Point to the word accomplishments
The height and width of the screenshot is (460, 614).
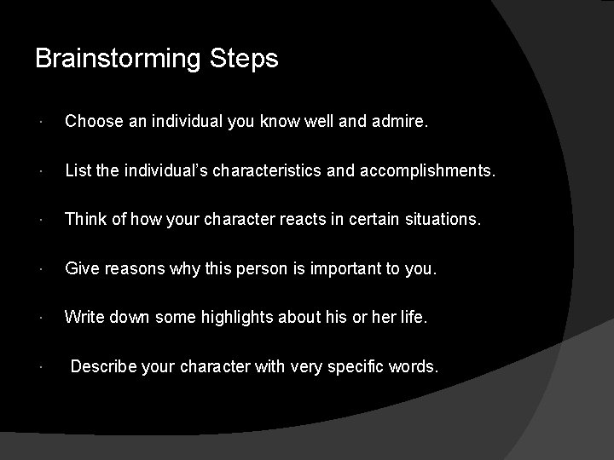tap(425, 172)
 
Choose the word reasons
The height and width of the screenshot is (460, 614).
tap(136, 270)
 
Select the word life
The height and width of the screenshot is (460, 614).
tap(413, 319)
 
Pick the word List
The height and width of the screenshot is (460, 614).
tap(77, 172)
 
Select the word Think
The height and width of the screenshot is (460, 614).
tap(84, 221)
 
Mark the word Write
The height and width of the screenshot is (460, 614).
tap(84, 319)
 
